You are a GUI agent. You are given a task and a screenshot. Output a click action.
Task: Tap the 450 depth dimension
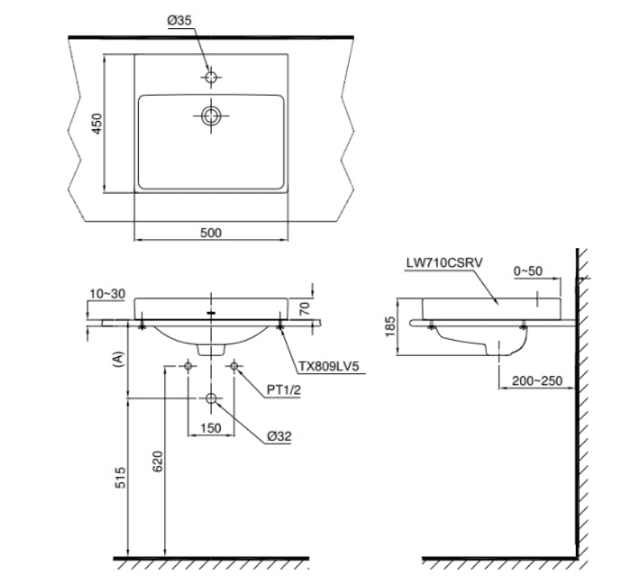(95, 124)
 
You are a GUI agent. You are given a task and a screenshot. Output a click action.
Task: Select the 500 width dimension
(210, 233)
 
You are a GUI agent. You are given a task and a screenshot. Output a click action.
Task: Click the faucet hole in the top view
(211, 78)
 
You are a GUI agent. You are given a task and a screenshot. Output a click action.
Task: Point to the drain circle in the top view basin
(212, 115)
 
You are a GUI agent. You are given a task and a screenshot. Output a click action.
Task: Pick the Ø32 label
(280, 437)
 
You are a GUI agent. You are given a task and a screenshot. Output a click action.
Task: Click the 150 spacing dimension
(212, 428)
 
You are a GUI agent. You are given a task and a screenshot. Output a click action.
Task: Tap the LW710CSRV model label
(442, 262)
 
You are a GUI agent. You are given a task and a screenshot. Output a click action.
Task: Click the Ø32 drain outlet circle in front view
(212, 399)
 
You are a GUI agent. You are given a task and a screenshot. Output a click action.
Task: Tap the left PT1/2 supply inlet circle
(188, 367)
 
